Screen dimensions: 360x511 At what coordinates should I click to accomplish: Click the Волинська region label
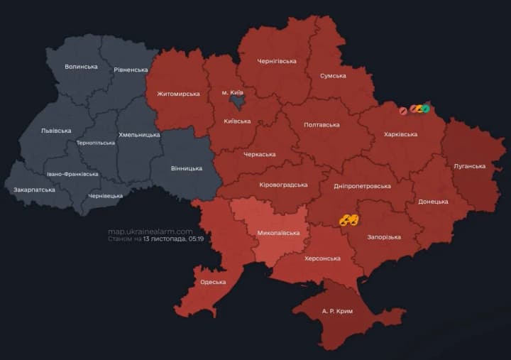click(x=81, y=67)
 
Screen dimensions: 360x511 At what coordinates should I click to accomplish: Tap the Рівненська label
click(x=131, y=70)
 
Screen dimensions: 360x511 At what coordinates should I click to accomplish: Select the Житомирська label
click(x=178, y=94)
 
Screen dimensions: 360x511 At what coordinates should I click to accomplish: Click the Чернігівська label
click(x=277, y=61)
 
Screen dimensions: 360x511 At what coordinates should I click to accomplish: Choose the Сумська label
click(x=333, y=75)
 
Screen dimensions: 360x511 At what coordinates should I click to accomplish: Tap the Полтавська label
click(x=322, y=125)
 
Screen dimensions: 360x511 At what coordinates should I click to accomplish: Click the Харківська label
click(x=400, y=134)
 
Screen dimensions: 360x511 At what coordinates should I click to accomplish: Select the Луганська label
click(x=470, y=166)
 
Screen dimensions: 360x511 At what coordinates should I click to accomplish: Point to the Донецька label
click(x=433, y=202)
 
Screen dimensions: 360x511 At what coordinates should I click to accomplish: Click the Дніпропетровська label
click(x=362, y=186)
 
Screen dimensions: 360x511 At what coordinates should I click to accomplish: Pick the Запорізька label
click(x=383, y=237)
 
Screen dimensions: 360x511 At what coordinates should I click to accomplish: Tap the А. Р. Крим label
click(x=337, y=311)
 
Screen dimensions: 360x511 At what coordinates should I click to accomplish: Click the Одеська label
click(x=213, y=282)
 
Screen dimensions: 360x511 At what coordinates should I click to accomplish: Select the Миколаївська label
click(x=278, y=233)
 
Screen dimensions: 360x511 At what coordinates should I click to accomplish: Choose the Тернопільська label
click(x=95, y=143)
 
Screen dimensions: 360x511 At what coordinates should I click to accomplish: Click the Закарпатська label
click(x=33, y=190)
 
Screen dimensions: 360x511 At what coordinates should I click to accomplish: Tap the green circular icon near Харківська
click(x=426, y=109)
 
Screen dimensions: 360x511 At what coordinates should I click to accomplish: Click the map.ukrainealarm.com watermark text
click(x=150, y=231)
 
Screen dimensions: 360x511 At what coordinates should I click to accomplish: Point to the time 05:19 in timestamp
click(x=197, y=240)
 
